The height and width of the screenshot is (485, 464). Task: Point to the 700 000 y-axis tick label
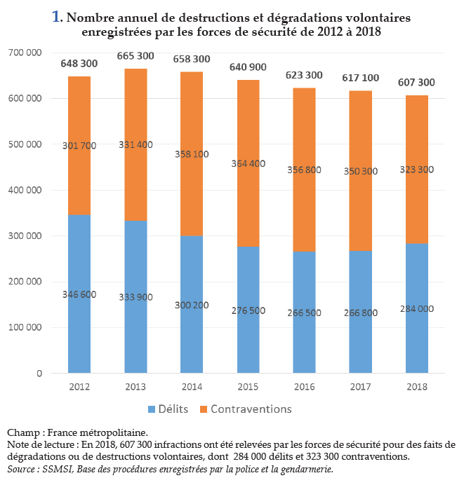(x=25, y=53)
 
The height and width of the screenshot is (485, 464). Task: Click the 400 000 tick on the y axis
(x=25, y=191)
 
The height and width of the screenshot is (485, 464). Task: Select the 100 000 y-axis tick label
(x=25, y=328)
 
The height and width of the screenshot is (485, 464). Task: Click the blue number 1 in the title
(x=56, y=16)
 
